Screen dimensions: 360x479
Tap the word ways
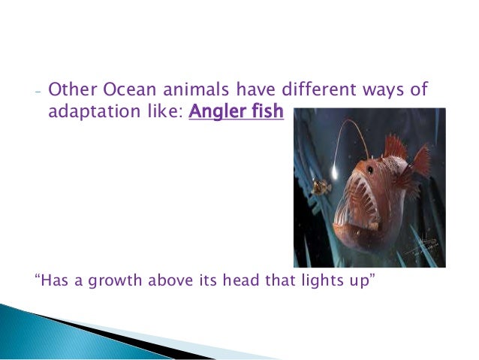coord(381,92)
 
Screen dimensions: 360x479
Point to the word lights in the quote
coord(308,283)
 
